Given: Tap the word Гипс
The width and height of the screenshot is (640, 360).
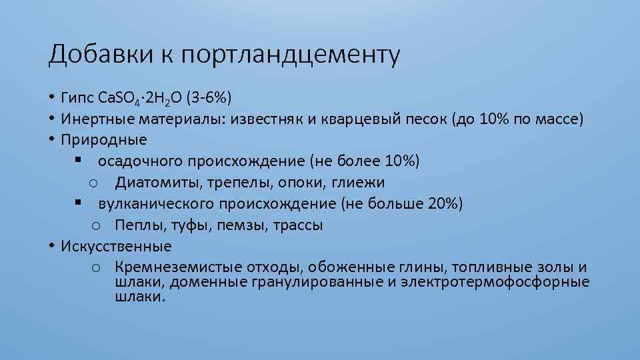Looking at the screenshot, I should [78, 99].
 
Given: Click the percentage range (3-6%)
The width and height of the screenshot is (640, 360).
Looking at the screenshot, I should [209, 99].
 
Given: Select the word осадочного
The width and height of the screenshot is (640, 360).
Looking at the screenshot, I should [141, 161].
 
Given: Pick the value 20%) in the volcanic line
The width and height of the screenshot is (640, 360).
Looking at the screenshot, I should [446, 203].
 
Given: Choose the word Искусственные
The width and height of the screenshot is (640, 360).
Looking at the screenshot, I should [116, 246].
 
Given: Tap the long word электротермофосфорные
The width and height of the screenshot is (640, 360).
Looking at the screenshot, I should [499, 282].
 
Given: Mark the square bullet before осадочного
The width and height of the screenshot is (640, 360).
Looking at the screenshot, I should [78, 161].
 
